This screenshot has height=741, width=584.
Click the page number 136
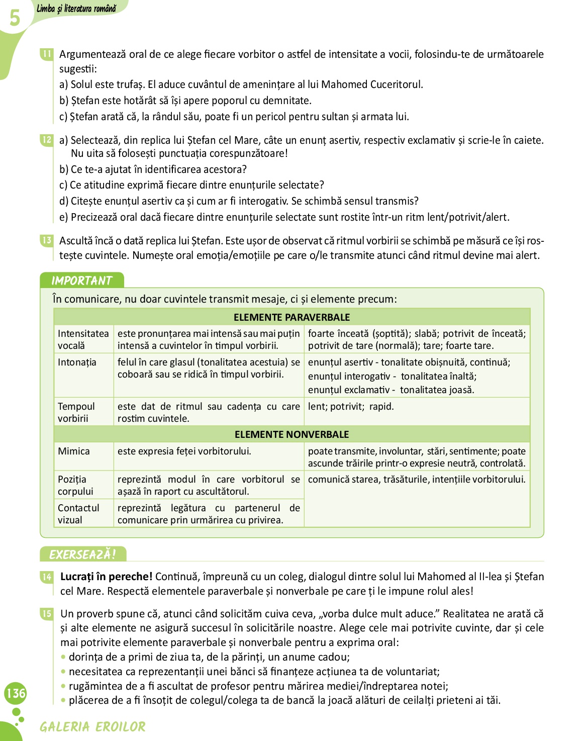(x=16, y=693)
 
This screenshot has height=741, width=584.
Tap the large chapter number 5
(x=15, y=18)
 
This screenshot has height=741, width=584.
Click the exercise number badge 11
(x=47, y=54)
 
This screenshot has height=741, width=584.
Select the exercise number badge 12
(x=47, y=140)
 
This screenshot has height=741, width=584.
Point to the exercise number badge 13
(x=47, y=240)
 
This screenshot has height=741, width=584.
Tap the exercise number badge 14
(x=47, y=577)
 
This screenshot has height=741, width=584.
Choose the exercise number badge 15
(x=47, y=613)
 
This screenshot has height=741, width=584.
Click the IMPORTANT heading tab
(x=81, y=281)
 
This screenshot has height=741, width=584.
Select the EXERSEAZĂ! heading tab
(x=82, y=554)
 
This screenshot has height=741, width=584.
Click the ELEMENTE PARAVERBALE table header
(x=291, y=317)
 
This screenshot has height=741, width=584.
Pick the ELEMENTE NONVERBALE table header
(x=291, y=434)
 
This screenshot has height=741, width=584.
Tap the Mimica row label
(x=74, y=451)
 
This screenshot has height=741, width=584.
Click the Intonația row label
(x=77, y=362)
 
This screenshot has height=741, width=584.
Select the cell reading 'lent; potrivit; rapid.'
(x=351, y=406)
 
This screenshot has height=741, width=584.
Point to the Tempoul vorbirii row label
(x=76, y=412)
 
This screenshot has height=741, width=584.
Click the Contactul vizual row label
(x=78, y=514)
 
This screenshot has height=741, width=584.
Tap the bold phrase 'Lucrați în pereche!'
(x=106, y=577)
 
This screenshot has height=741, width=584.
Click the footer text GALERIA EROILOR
(x=93, y=727)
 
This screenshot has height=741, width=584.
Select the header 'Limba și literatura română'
(x=76, y=9)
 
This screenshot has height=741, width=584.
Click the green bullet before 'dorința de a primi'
(x=63, y=657)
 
